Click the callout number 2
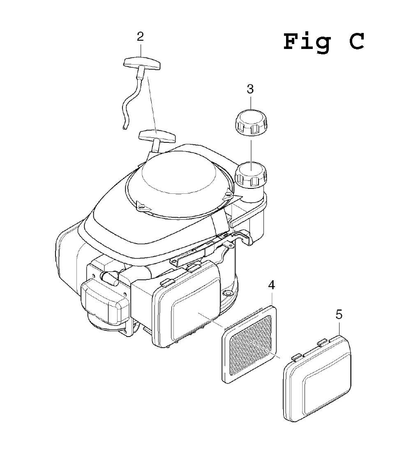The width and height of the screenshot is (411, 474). (140, 37)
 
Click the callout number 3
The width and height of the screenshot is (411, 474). (250, 89)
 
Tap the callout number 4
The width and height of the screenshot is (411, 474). (272, 285)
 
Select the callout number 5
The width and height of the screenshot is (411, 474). (339, 315)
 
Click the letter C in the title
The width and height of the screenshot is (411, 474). (357, 41)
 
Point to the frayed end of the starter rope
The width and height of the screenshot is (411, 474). (125, 128)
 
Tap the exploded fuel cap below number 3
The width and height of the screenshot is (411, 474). (251, 123)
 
